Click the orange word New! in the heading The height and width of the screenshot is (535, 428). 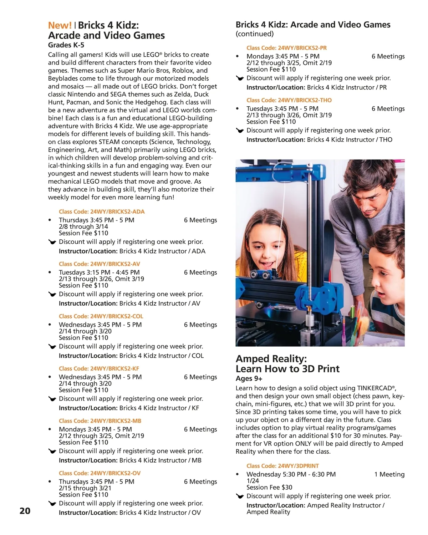click(60, 25)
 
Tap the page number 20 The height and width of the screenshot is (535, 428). click(25, 511)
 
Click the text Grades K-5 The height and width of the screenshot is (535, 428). click(66, 45)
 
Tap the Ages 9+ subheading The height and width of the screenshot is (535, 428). click(249, 378)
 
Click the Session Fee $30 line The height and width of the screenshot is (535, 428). click(269, 487)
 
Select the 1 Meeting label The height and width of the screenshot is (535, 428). click(389, 474)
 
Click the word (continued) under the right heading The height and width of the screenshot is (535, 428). click(255, 34)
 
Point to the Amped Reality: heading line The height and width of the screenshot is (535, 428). click(271, 358)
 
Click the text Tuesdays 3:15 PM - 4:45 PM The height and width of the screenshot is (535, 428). click(99, 272)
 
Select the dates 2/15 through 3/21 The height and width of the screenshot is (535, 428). click(85, 488)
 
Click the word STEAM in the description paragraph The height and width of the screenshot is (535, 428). click(110, 142)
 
